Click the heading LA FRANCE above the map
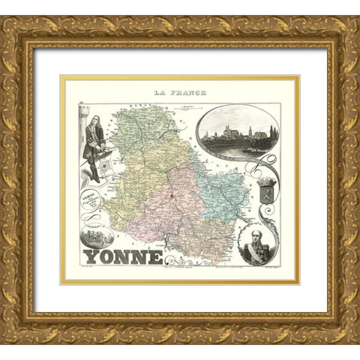180,92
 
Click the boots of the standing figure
94,177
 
